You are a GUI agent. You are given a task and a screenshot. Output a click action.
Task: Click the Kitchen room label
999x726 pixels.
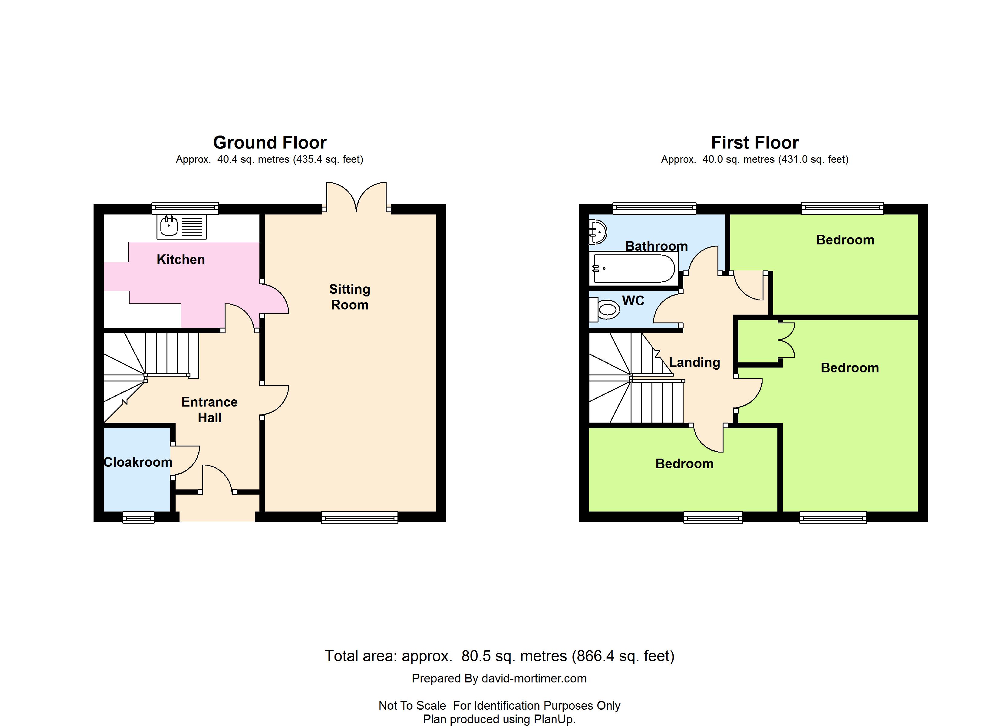point(181,260)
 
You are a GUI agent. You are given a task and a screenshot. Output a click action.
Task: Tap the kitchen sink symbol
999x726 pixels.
point(181,226)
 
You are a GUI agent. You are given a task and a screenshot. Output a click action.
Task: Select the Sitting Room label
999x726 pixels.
point(350,297)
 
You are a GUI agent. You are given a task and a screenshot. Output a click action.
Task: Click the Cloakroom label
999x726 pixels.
point(138,462)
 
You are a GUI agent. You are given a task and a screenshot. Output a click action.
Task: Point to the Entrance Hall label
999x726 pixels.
point(210,410)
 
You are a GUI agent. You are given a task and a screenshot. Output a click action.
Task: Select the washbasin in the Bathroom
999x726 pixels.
point(598,232)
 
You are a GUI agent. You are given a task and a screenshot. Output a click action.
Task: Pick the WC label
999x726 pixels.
point(633,301)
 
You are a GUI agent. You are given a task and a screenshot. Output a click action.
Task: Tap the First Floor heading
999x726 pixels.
point(755,143)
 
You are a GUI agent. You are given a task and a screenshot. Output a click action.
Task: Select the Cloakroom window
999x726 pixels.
point(138,517)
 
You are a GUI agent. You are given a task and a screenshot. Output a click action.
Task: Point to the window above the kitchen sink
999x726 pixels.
point(185,208)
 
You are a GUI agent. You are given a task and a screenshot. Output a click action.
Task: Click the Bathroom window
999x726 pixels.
point(654,208)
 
